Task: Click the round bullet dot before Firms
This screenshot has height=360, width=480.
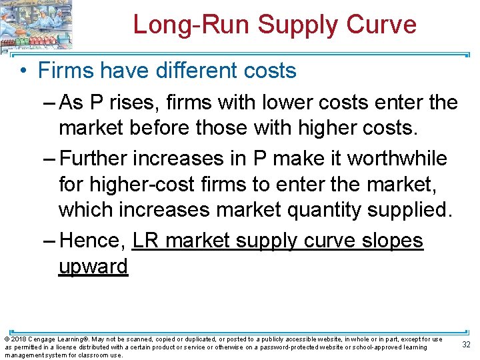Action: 24,70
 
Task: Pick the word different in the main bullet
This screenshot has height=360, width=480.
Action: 197,70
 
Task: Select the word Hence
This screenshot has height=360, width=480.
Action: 91,240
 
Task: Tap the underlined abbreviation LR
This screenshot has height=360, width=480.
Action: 146,240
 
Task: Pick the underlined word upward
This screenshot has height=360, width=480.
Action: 93,265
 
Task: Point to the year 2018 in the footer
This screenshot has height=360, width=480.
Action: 18,339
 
